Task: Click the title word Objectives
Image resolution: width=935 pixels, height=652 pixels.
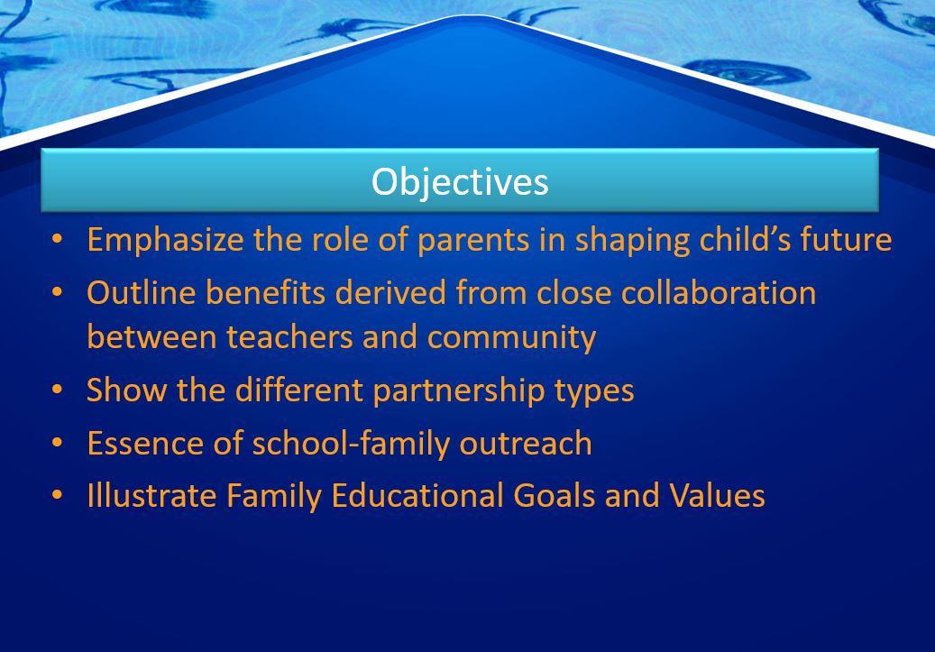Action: (460, 182)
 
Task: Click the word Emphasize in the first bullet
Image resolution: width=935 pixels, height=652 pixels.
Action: (165, 241)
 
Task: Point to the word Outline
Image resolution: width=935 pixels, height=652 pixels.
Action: (142, 293)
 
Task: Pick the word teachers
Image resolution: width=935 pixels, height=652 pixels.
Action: (289, 337)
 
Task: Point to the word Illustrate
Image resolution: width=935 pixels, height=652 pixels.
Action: (151, 496)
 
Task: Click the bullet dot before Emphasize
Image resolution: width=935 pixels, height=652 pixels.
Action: (57, 239)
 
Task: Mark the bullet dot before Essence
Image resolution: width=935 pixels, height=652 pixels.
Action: (57, 443)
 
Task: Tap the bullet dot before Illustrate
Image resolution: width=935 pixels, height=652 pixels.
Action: (57, 495)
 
